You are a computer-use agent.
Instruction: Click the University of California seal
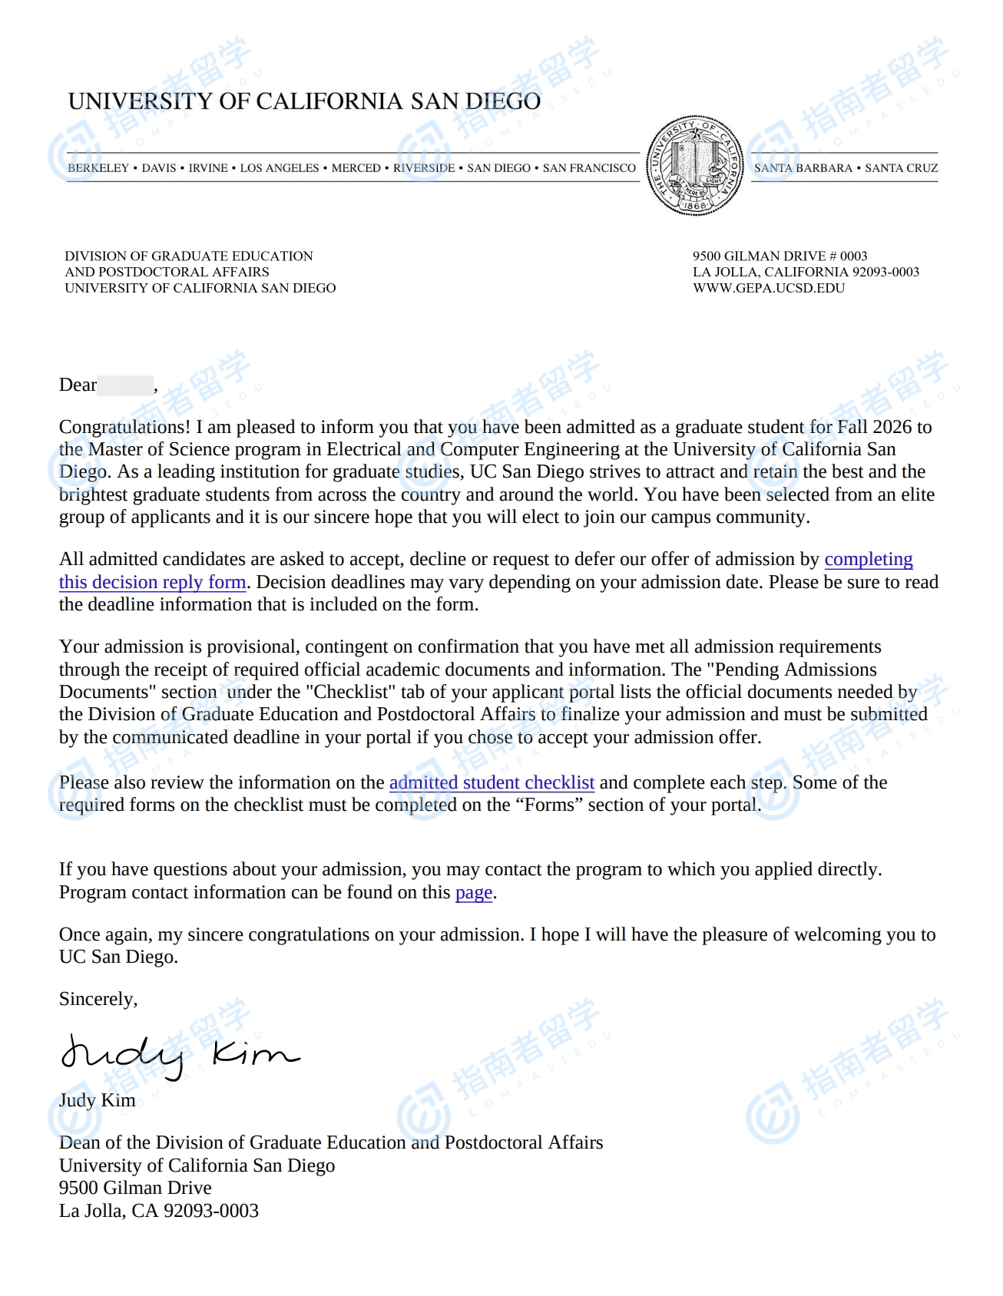pos(694,166)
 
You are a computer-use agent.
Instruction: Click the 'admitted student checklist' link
pos(492,782)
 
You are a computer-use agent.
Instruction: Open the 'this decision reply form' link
pos(152,582)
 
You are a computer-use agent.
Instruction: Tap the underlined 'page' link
pos(473,892)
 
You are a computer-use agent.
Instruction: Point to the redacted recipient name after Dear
pos(125,385)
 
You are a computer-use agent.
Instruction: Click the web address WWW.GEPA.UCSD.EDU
pos(768,288)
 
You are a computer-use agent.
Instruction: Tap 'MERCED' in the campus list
pos(356,168)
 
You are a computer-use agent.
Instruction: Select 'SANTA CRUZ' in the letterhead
pos(901,168)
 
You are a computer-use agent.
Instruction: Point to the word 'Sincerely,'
pos(98,999)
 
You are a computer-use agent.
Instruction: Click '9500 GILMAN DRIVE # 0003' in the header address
pos(780,256)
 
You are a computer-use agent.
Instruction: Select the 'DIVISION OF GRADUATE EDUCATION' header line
pos(189,256)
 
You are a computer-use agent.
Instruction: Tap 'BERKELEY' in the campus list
pos(98,168)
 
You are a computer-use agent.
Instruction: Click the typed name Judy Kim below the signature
pos(97,1100)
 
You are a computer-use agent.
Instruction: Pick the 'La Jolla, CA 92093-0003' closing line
pos(159,1211)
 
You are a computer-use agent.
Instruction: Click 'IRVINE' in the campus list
pos(208,168)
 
